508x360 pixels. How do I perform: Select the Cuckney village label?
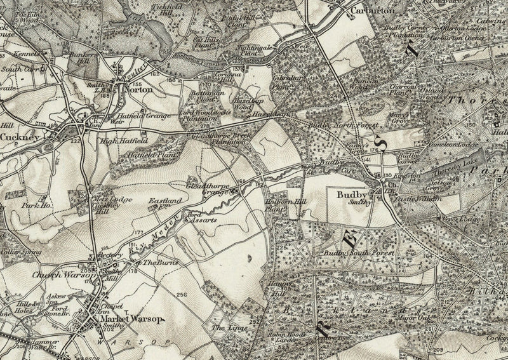pyautogui.click(x=20, y=137)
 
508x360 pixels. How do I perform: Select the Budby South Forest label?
pyautogui.click(x=359, y=253)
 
